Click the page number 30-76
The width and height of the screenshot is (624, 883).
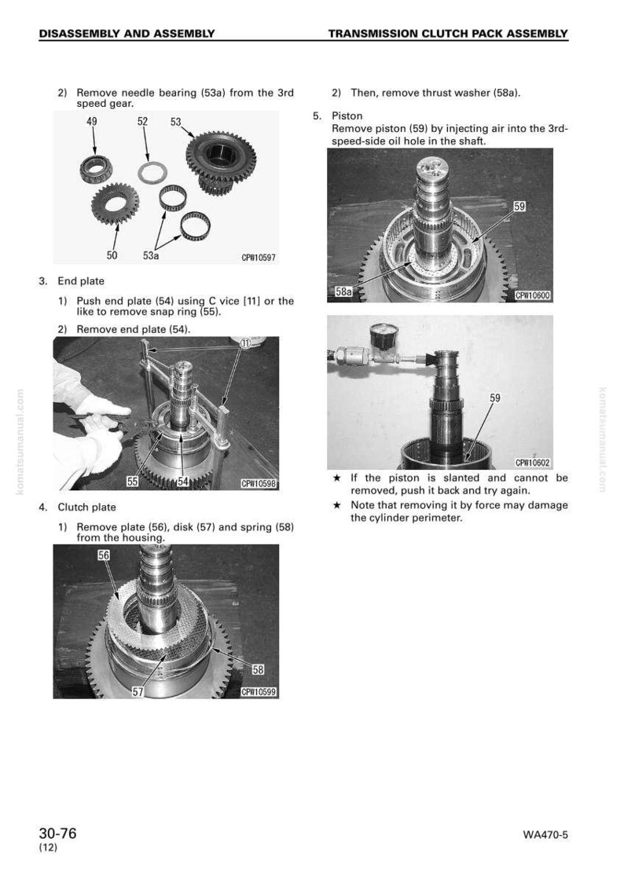(x=57, y=834)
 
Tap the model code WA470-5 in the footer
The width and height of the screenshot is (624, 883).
(x=545, y=835)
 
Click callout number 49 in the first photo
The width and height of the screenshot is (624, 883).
(x=92, y=122)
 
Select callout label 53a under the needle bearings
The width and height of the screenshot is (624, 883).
(x=151, y=255)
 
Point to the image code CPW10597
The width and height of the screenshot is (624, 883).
(x=259, y=258)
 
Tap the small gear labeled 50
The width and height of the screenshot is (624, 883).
(x=116, y=203)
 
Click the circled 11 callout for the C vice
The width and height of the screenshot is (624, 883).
(x=245, y=343)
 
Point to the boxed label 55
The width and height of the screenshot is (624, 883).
(x=132, y=482)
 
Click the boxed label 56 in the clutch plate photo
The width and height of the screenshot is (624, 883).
(x=104, y=555)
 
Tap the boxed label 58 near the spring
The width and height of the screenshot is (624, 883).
(x=258, y=669)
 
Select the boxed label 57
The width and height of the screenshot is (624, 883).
(x=138, y=691)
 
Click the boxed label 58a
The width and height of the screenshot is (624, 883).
(x=343, y=291)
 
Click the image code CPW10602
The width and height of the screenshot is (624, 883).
(x=533, y=463)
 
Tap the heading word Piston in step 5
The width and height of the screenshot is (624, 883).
(x=347, y=116)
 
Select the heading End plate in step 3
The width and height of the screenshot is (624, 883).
(x=81, y=281)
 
